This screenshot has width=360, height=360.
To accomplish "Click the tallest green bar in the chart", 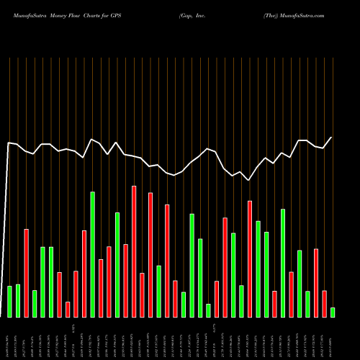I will point(92,254).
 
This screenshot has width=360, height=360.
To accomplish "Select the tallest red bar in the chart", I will point(134,251).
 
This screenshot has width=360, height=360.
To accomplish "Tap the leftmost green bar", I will point(9,301).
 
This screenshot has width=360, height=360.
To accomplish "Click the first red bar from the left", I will point(26,273).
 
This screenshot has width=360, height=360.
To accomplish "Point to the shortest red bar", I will point(68,309).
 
